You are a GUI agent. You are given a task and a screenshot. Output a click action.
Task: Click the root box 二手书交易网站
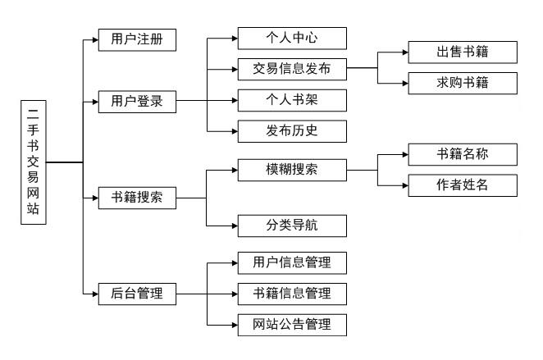[32, 162]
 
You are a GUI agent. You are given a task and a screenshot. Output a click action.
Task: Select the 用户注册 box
[137, 39]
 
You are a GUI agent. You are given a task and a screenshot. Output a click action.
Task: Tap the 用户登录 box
[137, 102]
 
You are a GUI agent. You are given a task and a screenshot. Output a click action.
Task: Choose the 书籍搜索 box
[137, 198]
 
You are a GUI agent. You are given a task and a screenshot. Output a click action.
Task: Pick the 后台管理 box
[137, 293]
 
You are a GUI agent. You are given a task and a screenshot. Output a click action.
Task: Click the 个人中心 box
[292, 39]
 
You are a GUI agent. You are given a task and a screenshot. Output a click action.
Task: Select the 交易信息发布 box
[292, 68]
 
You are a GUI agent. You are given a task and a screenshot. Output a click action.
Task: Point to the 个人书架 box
[292, 100]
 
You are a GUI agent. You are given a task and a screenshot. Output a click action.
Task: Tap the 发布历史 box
[292, 131]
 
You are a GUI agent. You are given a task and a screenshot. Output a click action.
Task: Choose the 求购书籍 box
[463, 84]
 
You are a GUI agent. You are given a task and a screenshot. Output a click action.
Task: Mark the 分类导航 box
[292, 225]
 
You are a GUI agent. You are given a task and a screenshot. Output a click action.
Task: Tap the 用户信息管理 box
[292, 263]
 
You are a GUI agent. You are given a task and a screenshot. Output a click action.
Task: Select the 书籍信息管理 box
[292, 293]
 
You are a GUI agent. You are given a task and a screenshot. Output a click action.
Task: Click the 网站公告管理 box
[292, 324]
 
